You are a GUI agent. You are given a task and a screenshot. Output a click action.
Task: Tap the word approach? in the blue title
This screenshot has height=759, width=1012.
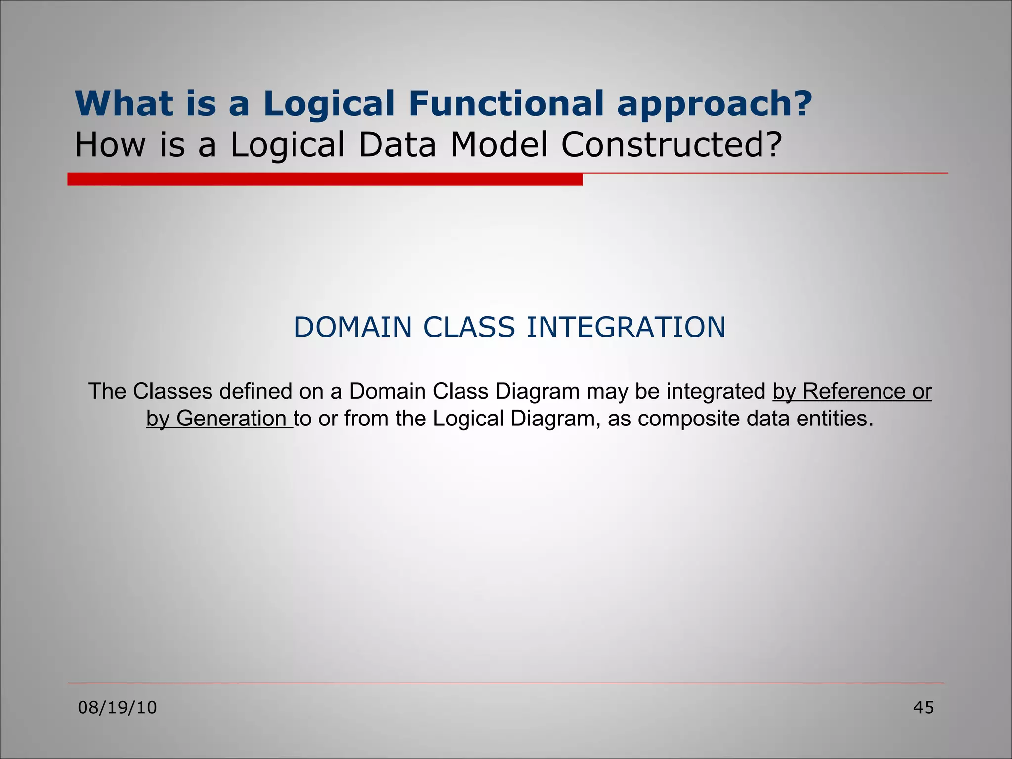tap(715, 105)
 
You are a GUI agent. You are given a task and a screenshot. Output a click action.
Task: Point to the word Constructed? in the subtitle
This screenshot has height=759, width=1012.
tap(672, 145)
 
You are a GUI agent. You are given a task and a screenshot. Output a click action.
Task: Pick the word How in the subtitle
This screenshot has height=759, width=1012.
tap(110, 145)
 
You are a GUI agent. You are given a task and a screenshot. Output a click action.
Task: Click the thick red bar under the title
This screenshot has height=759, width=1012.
tap(325, 179)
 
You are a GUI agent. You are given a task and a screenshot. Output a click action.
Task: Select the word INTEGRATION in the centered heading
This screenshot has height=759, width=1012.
tap(626, 327)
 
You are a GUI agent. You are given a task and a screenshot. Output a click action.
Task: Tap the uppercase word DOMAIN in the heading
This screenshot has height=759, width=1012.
tap(353, 327)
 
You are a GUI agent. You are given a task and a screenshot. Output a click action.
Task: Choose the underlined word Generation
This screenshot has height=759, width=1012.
tap(231, 419)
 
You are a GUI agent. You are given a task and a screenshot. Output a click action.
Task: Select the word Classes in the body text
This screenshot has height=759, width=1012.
tap(172, 391)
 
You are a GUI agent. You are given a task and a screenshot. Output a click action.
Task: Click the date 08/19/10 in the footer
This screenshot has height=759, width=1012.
tap(118, 708)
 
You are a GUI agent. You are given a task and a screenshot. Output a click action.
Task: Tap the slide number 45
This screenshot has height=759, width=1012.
tap(923, 708)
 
